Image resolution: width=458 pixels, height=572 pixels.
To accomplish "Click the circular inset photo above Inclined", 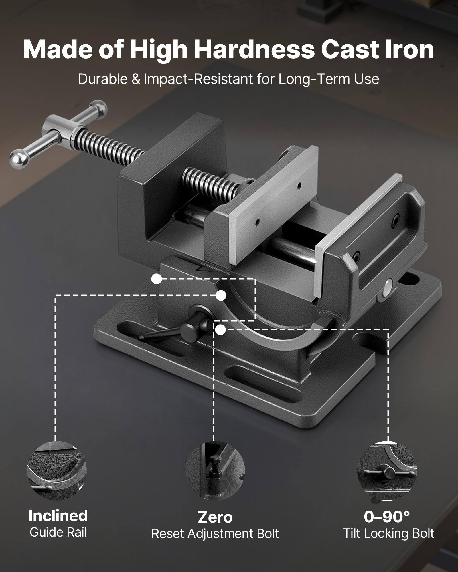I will [x=57, y=471].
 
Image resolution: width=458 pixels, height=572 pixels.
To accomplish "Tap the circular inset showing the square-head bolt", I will [x=215, y=471].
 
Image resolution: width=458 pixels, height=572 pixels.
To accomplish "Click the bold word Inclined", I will [x=58, y=516].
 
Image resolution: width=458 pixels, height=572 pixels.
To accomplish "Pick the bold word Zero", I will [x=215, y=517].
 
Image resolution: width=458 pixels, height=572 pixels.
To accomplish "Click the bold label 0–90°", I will [x=387, y=517].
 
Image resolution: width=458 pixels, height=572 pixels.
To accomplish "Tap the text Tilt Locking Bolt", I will [x=388, y=534].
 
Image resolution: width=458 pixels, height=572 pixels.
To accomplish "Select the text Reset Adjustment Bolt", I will [x=215, y=534].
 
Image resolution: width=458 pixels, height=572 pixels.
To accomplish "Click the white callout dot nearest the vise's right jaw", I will [x=220, y=330].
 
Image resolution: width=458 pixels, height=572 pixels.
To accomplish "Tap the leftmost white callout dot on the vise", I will [x=156, y=279].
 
